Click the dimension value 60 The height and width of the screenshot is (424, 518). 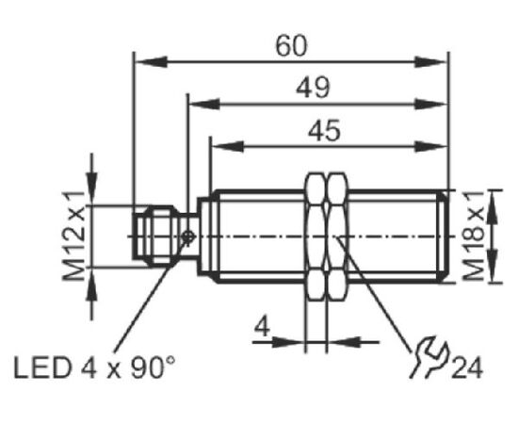291,46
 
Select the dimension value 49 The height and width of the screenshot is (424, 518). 313,88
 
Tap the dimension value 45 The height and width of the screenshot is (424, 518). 324,130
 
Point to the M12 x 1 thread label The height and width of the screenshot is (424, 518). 74,236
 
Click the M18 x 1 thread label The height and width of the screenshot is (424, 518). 474,236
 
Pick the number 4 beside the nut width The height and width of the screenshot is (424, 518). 262,326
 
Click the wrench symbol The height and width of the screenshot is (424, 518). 429,356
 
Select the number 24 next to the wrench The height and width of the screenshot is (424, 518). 467,367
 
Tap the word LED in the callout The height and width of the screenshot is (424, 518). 42,367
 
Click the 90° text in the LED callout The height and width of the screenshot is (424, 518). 153,367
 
